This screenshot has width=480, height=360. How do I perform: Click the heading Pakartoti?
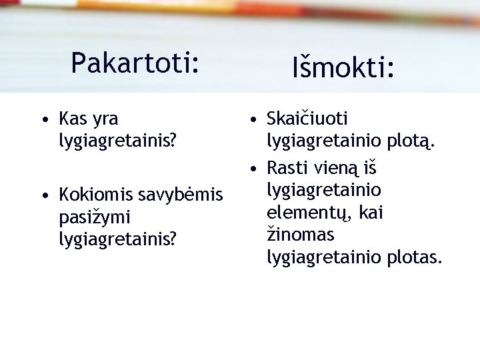[x=135, y=63]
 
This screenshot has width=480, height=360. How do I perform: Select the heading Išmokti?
[x=343, y=67]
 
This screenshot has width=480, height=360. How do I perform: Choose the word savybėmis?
[x=181, y=196]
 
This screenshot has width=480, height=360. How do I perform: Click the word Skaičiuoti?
[x=307, y=119]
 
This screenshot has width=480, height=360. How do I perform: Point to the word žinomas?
[x=301, y=235]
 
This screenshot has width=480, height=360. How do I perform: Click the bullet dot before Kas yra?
[x=43, y=121]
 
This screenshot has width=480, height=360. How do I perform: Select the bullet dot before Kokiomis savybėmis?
[x=43, y=196]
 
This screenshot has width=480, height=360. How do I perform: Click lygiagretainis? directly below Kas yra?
[x=118, y=141]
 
